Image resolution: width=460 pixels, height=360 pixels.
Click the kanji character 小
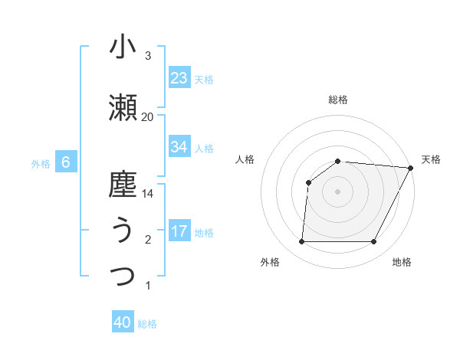click(x=123, y=47)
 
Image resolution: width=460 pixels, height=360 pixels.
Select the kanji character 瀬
click(x=123, y=109)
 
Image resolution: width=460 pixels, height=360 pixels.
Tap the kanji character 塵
click(x=123, y=185)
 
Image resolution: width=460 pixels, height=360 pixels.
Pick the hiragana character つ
click(x=123, y=276)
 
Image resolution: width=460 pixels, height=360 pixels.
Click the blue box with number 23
click(x=179, y=78)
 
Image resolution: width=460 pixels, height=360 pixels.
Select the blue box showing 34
click(x=179, y=147)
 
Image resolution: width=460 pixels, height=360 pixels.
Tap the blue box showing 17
click(x=179, y=231)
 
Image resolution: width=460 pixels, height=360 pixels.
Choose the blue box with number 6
click(x=66, y=162)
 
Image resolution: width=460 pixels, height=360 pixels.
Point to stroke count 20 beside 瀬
click(x=147, y=116)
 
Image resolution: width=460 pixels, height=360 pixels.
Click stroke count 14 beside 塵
click(x=148, y=194)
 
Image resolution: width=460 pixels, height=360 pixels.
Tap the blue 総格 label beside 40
click(x=147, y=324)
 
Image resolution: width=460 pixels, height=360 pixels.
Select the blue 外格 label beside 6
click(x=41, y=163)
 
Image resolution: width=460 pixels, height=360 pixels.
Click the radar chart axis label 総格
click(x=337, y=100)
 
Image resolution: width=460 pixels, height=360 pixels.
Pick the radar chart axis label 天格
click(x=431, y=159)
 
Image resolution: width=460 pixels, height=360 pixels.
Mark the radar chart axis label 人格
click(x=245, y=159)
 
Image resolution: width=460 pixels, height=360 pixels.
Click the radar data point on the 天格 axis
click(x=412, y=168)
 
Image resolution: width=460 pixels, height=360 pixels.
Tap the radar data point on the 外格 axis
click(x=301, y=242)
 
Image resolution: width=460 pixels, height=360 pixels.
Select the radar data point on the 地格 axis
click(x=373, y=242)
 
